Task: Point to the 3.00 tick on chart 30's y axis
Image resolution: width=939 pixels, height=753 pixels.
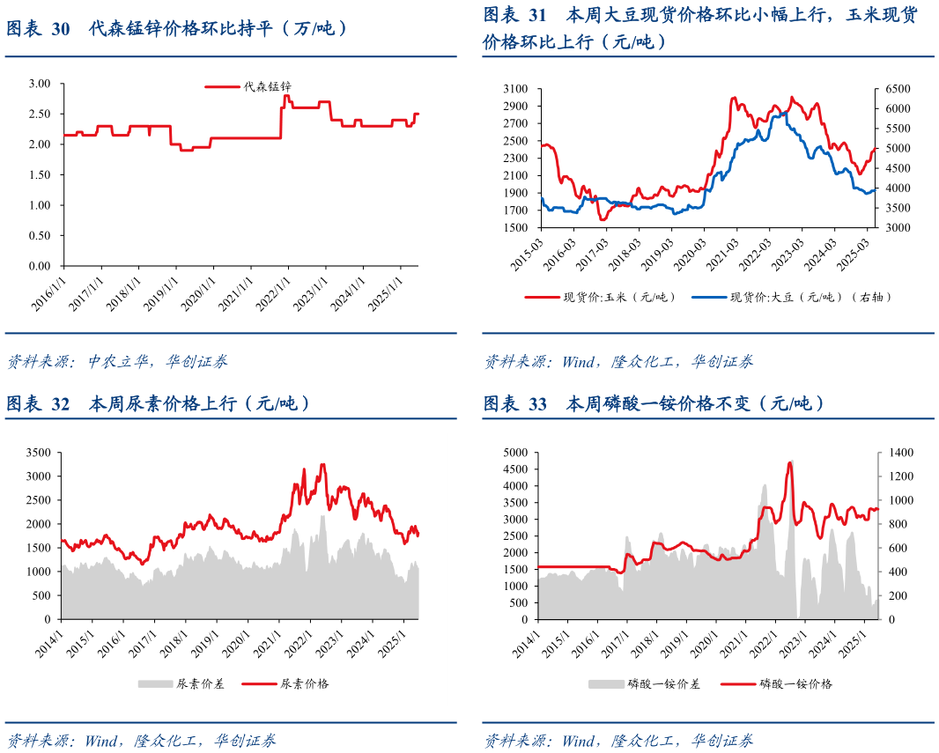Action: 41,84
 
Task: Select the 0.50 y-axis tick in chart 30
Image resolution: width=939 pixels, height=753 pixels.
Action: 41,235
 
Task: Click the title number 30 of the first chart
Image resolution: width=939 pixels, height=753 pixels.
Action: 60,29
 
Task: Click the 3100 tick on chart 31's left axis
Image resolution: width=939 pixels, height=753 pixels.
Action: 514,89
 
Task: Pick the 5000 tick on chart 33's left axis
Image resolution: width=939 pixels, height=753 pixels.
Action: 514,453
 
